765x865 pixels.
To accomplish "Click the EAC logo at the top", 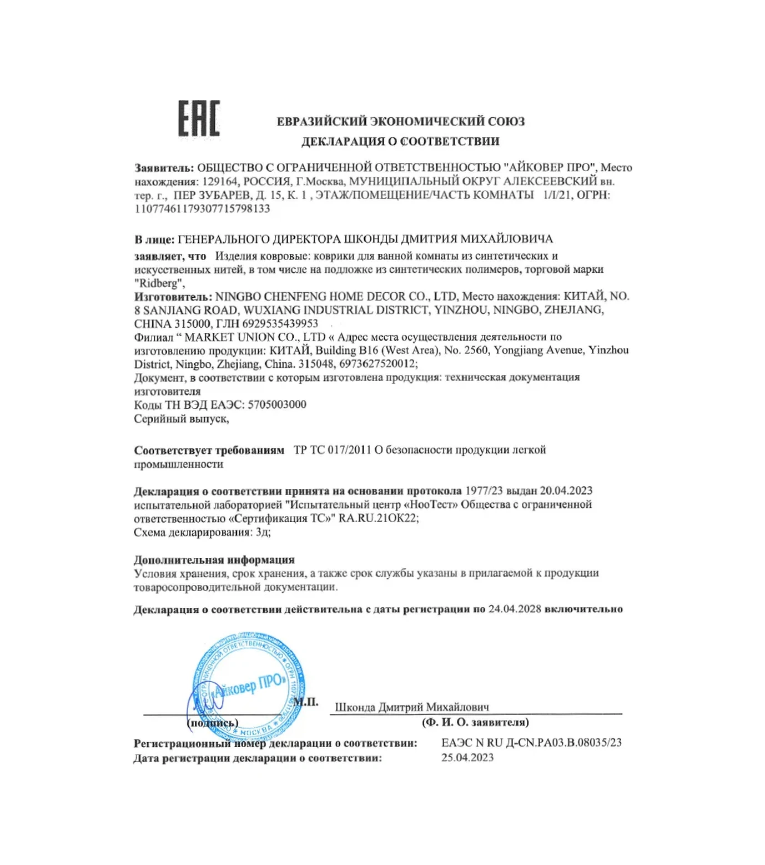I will pyautogui.click(x=199, y=118).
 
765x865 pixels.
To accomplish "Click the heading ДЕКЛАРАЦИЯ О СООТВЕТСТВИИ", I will pyautogui.click(x=400, y=142).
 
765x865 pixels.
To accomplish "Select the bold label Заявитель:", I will pyautogui.click(x=164, y=168).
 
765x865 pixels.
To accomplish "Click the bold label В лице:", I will pyautogui.click(x=154, y=239).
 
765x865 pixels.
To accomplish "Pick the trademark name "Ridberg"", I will pyautogui.click(x=158, y=283).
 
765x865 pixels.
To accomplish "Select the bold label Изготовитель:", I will pyautogui.click(x=173, y=297).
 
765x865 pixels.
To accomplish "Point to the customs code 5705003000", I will pyautogui.click(x=276, y=404).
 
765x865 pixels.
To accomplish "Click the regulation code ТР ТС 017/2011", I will pyautogui.click(x=332, y=450).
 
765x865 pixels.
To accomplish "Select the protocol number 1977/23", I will pyautogui.click(x=484, y=491).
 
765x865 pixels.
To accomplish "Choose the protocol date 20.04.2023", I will pyautogui.click(x=566, y=491).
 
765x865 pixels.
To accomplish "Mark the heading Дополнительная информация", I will pyautogui.click(x=214, y=560).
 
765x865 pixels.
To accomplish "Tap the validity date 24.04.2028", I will pyautogui.click(x=515, y=609).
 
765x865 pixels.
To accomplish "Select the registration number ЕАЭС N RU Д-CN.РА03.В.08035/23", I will pyautogui.click(x=531, y=743).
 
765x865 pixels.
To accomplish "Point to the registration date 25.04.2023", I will pyautogui.click(x=467, y=758).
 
